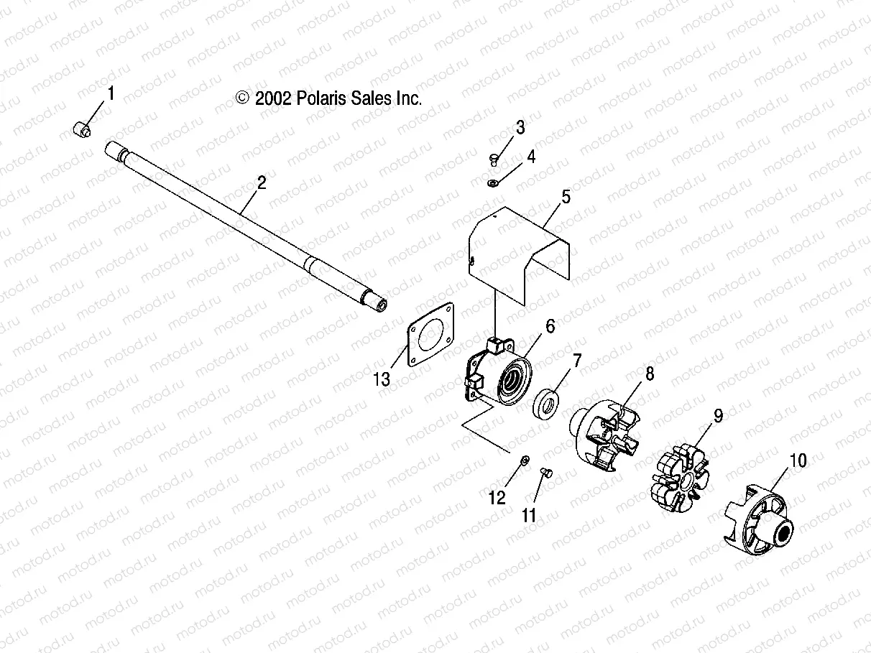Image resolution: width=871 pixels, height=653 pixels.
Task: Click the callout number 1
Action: coord(111,93)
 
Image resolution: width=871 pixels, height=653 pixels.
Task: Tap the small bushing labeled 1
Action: coord(83,131)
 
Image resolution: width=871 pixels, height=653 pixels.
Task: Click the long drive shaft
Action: coord(244,223)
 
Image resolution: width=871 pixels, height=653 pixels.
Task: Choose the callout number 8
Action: coord(649,374)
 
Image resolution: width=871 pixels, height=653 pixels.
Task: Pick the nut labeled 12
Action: coord(525,459)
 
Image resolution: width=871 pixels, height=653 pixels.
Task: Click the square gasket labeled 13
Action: coord(430,335)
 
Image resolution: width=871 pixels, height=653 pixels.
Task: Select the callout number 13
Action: coord(382,379)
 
